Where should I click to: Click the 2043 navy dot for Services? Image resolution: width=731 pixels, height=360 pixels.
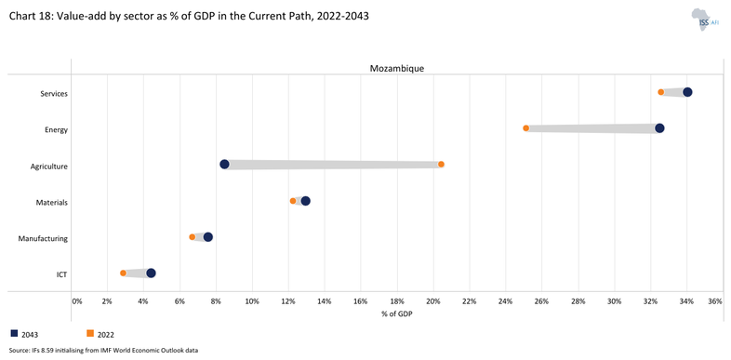click(x=687, y=92)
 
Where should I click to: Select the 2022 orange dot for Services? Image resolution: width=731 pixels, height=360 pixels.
click(x=661, y=92)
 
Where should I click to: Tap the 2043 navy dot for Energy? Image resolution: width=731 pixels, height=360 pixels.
click(x=659, y=128)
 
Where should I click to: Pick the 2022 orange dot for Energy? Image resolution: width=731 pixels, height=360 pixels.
click(x=526, y=128)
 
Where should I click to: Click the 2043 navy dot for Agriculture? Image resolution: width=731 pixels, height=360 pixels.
click(x=224, y=165)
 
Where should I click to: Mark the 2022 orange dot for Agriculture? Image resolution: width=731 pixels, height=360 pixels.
click(x=441, y=165)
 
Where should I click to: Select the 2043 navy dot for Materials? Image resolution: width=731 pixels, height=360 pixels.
click(x=305, y=201)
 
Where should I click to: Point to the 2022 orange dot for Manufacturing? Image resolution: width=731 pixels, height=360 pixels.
click(x=193, y=237)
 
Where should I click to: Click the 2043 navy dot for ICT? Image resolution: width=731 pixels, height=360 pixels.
click(x=151, y=273)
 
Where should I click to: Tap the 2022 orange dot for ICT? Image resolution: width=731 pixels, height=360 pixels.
click(x=123, y=273)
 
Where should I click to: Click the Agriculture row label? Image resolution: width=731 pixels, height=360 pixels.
click(x=47, y=167)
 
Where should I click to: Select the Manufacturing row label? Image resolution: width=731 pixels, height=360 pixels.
click(x=43, y=239)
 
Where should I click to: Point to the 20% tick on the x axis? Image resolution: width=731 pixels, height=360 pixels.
click(x=433, y=301)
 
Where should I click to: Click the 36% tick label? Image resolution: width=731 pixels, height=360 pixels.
click(x=714, y=301)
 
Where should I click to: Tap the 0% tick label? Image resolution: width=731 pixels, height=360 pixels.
click(x=76, y=301)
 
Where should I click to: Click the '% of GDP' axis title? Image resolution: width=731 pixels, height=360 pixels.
click(x=397, y=313)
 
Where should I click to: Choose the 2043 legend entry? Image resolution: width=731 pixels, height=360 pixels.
click(x=25, y=333)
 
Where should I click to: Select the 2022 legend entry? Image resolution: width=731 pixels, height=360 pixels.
click(x=100, y=333)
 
